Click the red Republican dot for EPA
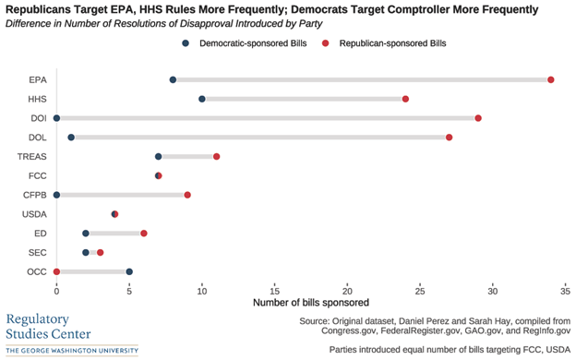click(x=551, y=79)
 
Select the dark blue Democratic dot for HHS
click(x=202, y=99)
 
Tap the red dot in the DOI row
click(x=478, y=118)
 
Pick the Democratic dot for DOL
click(x=71, y=138)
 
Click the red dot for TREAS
click(x=217, y=156)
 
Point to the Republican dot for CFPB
click(x=187, y=195)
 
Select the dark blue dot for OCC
click(x=129, y=271)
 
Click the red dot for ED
click(x=144, y=234)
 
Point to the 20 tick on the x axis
click(x=347, y=288)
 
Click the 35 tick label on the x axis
click(x=565, y=288)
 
